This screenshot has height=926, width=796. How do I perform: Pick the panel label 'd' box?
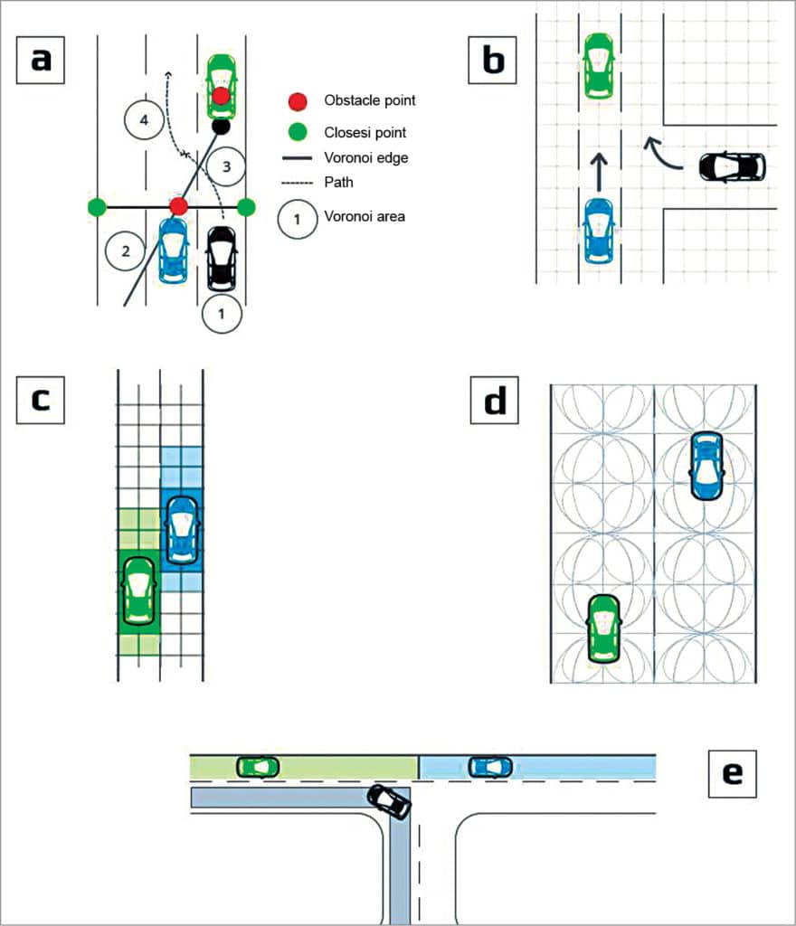pos(494,401)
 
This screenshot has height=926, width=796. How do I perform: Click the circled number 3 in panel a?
pos(227,165)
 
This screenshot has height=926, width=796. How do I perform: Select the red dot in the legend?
pos(298,100)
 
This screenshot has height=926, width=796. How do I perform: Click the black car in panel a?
pos(222,259)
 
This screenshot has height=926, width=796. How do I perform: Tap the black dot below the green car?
pos(220,127)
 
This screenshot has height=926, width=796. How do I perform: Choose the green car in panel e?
pos(258,767)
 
